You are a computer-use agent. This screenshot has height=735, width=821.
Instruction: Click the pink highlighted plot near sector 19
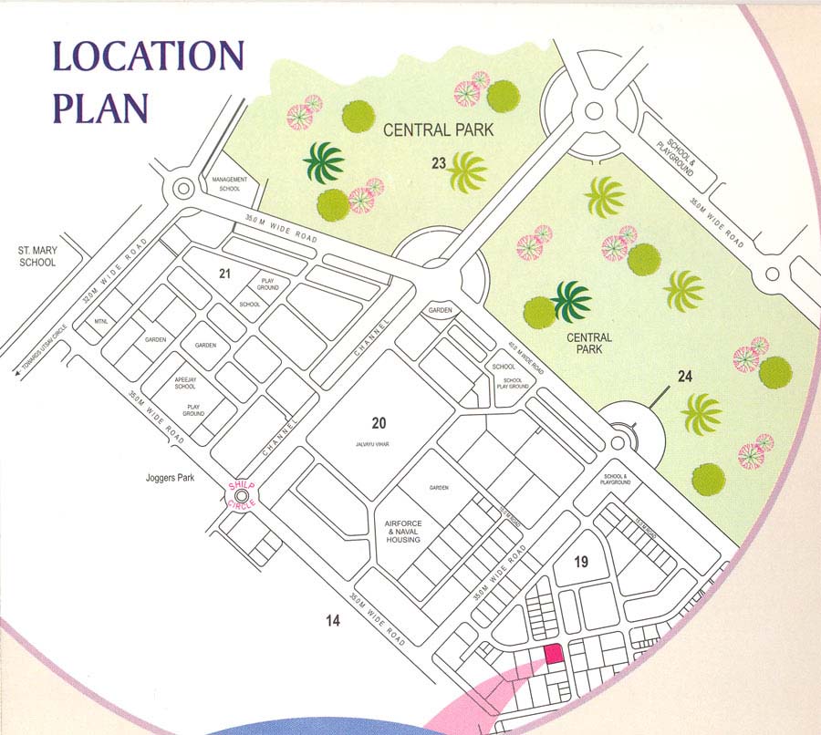pos(552,655)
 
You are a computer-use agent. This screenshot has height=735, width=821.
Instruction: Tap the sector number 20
pos(379,422)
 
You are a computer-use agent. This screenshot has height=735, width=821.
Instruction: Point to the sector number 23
pos(439,163)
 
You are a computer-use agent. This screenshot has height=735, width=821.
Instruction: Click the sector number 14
pos(333,621)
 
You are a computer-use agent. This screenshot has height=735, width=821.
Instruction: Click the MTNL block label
pos(101,322)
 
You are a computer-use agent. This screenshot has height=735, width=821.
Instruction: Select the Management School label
pos(229,183)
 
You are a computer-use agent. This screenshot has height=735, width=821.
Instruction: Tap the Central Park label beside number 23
pos(438,130)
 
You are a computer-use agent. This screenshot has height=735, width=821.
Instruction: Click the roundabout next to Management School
pos(182,190)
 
